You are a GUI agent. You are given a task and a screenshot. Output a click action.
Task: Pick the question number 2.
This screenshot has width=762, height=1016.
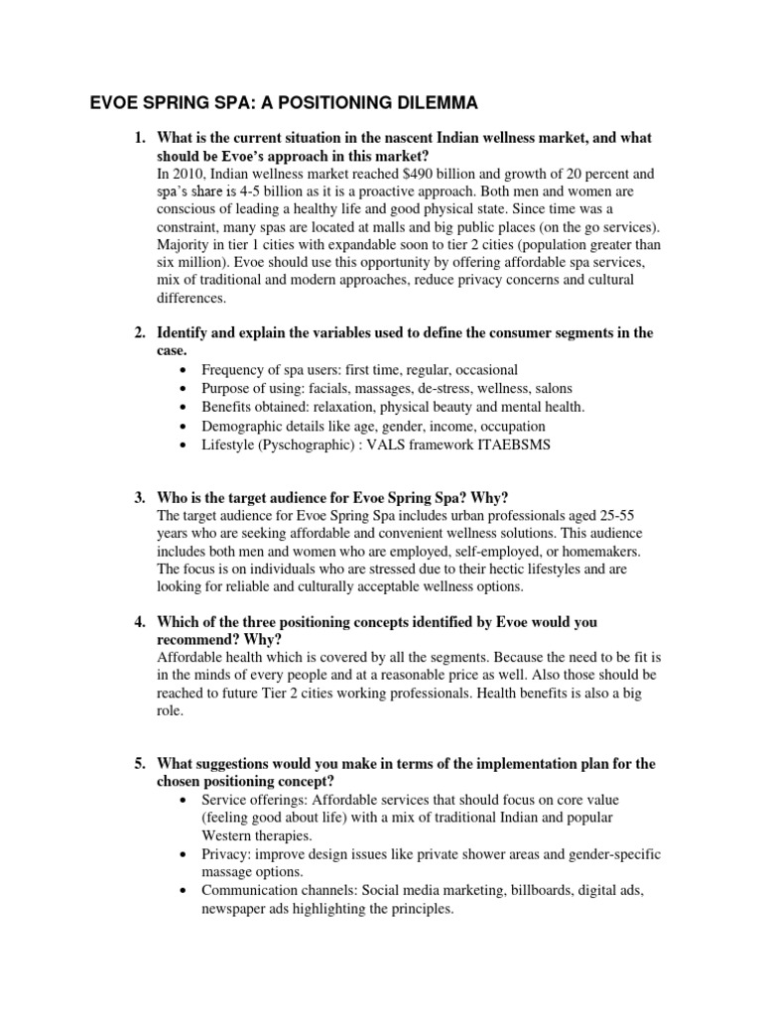pyautogui.click(x=140, y=333)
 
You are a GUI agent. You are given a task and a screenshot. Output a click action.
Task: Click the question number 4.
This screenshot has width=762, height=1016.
pyautogui.click(x=140, y=621)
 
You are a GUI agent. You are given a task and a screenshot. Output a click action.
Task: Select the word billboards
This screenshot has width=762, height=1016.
pyautogui.click(x=510, y=890)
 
